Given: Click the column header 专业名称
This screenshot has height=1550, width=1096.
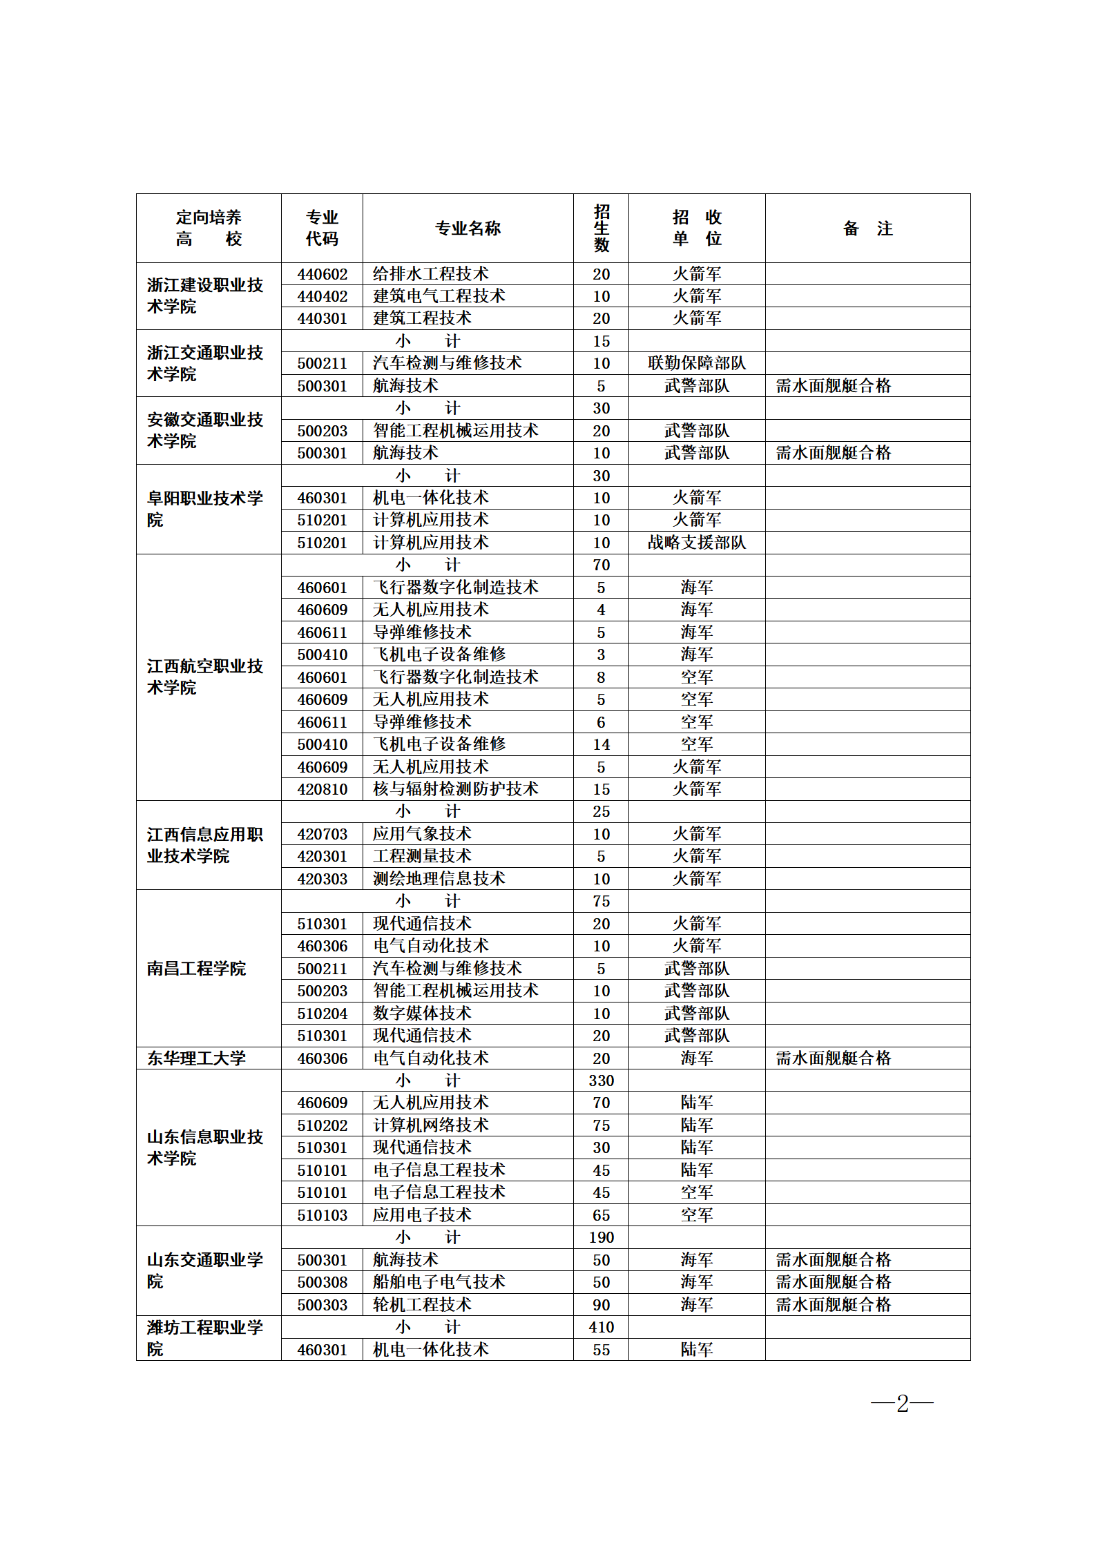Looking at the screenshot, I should [x=468, y=229].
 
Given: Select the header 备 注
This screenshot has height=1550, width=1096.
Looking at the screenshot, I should [x=867, y=229].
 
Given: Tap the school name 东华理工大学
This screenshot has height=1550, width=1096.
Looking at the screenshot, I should [x=196, y=1058].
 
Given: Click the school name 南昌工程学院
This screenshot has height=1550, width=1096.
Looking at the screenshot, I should [x=196, y=969].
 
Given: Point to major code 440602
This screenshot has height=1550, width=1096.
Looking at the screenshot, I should [x=323, y=274].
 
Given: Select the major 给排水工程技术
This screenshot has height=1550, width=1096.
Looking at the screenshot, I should [x=431, y=274].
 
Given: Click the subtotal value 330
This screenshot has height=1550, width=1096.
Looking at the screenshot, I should [x=601, y=1081].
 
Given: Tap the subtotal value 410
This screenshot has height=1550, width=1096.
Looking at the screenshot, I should [x=601, y=1327].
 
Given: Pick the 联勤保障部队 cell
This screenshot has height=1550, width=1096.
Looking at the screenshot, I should [x=696, y=363].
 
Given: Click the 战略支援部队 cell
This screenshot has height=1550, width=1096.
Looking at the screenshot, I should [x=696, y=543].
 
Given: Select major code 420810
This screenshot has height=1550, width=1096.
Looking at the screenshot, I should [x=323, y=789].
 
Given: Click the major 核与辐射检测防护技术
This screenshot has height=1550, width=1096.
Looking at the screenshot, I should [x=456, y=789].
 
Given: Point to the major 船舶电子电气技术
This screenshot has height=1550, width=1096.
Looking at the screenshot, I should [x=439, y=1282].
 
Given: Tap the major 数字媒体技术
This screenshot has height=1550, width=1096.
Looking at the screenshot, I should [x=422, y=1014].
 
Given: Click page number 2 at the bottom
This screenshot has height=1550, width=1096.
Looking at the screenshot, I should [x=902, y=1403].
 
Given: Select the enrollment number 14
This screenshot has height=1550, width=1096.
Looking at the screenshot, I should [x=601, y=744].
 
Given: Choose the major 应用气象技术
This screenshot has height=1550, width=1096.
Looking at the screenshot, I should [x=422, y=834].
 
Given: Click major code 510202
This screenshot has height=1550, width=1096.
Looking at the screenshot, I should [x=323, y=1125].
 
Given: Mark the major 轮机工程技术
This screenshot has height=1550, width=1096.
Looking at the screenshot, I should [x=422, y=1305].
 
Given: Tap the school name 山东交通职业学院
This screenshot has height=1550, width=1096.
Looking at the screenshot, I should [x=204, y=1270].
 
